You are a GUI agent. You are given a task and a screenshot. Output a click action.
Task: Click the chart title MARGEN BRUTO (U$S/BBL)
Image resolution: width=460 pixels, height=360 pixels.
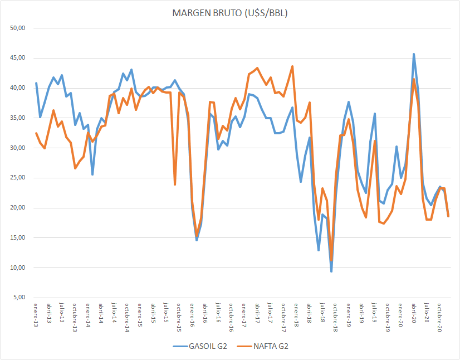tap(229, 13)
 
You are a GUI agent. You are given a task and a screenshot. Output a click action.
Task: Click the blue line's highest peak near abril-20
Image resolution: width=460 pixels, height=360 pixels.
tap(414, 54)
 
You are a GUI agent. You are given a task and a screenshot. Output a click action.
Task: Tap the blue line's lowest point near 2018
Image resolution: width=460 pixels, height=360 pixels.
tap(331, 271)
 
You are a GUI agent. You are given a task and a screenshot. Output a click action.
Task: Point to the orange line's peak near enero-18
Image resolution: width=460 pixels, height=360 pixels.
tap(292, 66)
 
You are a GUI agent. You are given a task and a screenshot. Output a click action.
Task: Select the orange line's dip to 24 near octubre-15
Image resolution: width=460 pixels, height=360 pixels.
tap(175, 184)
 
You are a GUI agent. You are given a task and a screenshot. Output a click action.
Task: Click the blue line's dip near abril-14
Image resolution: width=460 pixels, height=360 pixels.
tap(92, 174)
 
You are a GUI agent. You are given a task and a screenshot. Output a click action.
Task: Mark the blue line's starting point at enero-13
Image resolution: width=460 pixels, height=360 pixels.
tap(36, 83)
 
